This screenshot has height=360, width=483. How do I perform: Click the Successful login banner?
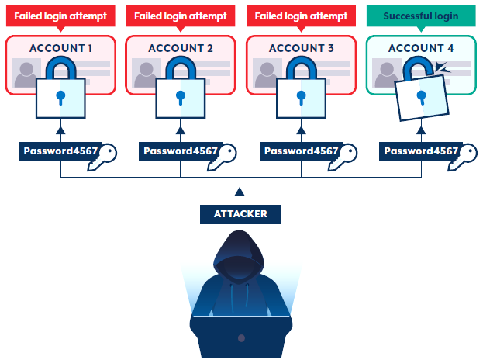(x=420, y=16)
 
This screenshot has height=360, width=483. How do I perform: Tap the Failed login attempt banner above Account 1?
(x=60, y=16)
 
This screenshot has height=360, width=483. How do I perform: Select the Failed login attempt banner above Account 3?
(x=300, y=16)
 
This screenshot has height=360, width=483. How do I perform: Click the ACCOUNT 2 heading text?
(x=181, y=48)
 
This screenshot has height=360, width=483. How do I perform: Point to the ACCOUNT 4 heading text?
(x=421, y=48)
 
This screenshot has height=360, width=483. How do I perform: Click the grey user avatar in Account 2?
(x=147, y=74)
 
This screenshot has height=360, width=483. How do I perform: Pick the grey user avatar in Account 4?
(x=387, y=74)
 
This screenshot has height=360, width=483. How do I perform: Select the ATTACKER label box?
(x=240, y=213)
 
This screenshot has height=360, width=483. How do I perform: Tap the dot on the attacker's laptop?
(x=240, y=338)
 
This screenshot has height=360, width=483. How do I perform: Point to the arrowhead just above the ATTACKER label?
(x=240, y=191)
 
